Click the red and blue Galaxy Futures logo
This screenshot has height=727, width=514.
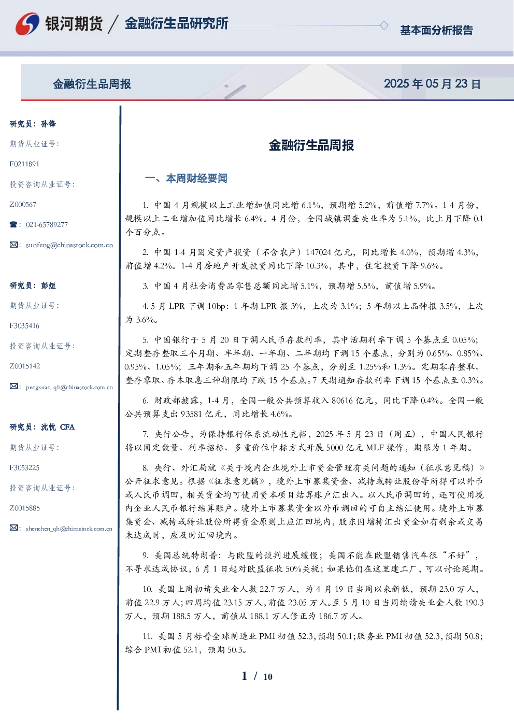point(27,24)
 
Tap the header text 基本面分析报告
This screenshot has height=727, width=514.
point(436,30)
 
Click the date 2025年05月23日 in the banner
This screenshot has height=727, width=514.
point(432,84)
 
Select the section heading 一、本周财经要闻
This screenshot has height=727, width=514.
point(186,178)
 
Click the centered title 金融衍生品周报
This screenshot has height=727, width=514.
point(311,145)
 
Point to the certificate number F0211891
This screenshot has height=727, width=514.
point(24,164)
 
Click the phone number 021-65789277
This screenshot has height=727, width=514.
point(47,224)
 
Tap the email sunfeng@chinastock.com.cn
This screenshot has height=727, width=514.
point(69,245)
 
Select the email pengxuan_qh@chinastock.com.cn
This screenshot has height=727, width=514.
point(69,387)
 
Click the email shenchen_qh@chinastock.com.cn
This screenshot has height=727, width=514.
point(69,529)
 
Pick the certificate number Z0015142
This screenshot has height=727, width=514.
point(25,366)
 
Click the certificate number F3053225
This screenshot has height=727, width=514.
point(24,468)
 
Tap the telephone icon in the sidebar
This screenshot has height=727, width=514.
point(13,224)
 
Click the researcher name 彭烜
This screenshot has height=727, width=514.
point(48,286)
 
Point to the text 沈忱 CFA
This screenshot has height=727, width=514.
point(58,427)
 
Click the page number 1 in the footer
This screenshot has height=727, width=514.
point(245,676)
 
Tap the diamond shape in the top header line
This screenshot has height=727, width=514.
point(384,25)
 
